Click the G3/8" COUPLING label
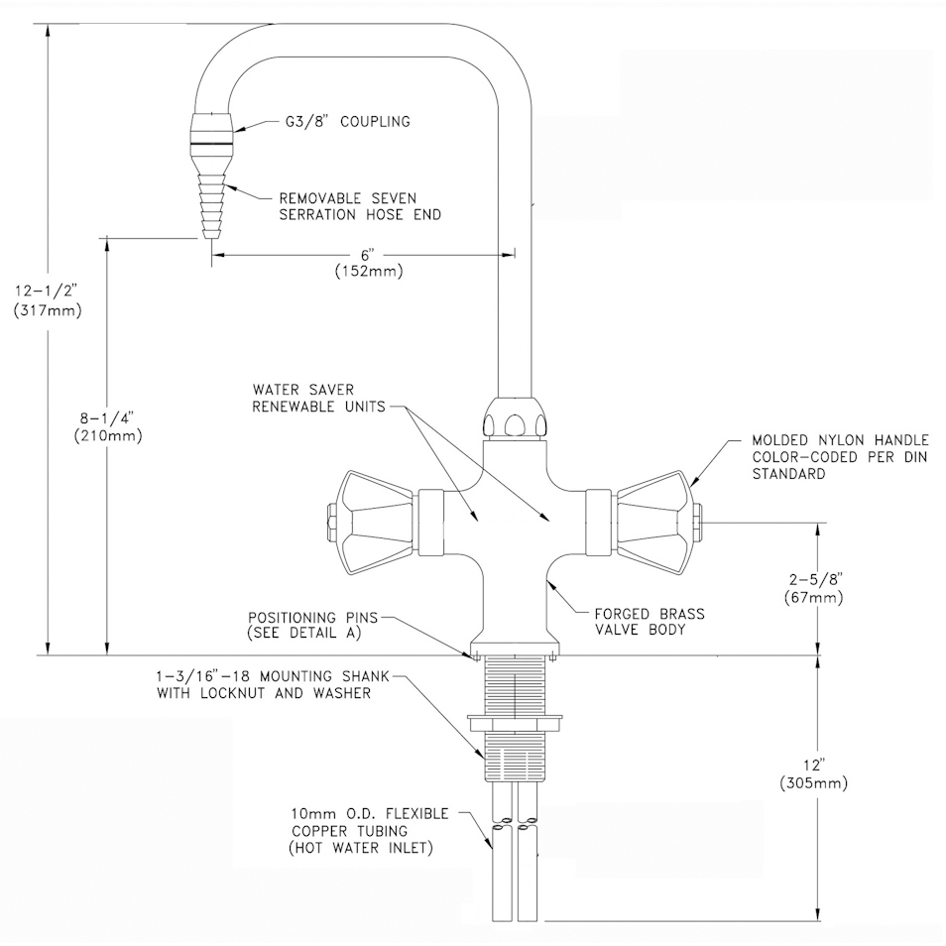coord(347,121)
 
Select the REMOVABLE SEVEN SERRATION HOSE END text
coord(360,206)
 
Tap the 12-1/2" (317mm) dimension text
coord(47,300)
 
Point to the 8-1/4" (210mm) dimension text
coord(108,426)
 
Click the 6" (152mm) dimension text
coord(369,263)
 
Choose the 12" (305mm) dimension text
coord(814,774)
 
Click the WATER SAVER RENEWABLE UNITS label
coord(318,399)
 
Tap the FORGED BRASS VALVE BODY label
coord(650,622)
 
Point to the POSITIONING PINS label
coord(312,625)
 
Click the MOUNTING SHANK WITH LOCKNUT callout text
coord(274,684)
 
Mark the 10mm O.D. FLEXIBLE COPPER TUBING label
coord(370,831)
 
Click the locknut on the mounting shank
coord(515,723)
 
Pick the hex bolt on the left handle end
coord(331,523)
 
